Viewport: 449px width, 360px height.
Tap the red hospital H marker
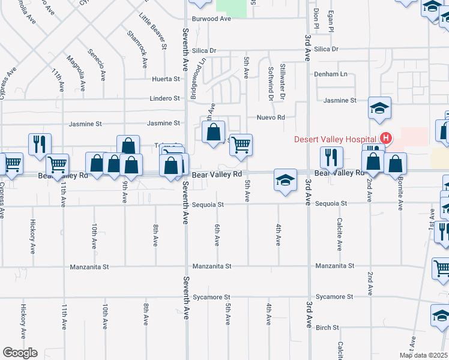[x=386, y=139]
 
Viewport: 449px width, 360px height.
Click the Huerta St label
[x=166, y=79]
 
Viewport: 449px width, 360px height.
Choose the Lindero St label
[x=164, y=98]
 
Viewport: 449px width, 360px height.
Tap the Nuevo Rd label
[x=270, y=117]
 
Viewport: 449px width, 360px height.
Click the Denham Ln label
[x=331, y=74]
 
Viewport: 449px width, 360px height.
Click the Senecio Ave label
[x=97, y=67]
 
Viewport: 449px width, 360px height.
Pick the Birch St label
[x=327, y=328]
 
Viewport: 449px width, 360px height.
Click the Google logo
[x=20, y=352]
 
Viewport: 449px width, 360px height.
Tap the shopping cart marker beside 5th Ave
[x=241, y=145]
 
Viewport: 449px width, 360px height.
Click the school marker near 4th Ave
[x=285, y=179]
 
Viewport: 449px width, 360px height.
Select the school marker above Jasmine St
[x=379, y=109]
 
